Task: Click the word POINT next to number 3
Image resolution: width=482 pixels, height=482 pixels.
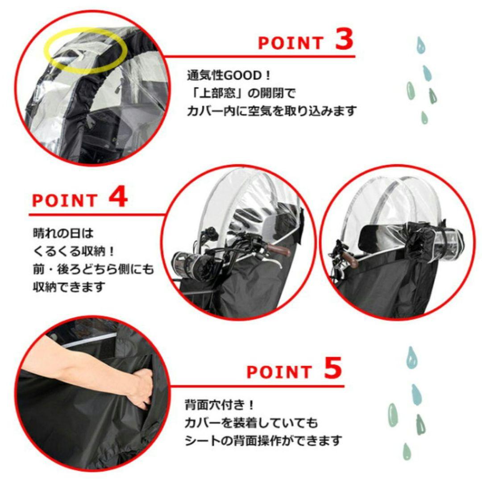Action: [x=291, y=43]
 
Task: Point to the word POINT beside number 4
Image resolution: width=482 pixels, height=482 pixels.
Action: [x=64, y=200]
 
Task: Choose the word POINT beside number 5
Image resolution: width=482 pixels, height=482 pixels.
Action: [x=279, y=372]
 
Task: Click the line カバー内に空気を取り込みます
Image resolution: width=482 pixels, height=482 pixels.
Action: [x=271, y=111]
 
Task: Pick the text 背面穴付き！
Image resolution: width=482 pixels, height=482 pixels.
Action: [x=219, y=406]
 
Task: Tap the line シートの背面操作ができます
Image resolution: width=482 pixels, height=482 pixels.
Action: [x=263, y=441]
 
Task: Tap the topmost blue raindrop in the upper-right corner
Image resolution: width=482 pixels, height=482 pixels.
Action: [x=420, y=45]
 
